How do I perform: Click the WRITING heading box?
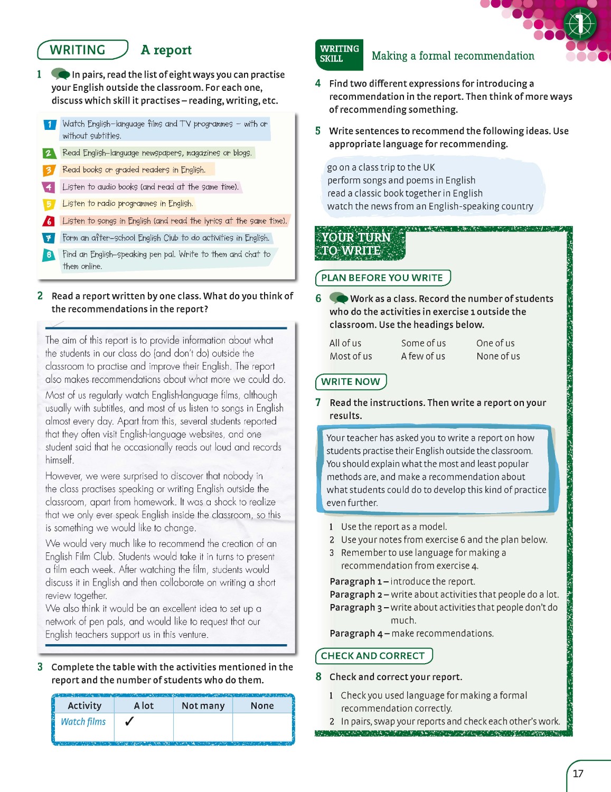(82, 50)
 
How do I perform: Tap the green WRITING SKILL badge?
(339, 54)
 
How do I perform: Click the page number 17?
(578, 774)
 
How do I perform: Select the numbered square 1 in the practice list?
(50, 125)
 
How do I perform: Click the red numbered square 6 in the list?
(49, 221)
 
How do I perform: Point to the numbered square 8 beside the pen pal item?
(49, 255)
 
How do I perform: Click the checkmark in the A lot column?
(129, 721)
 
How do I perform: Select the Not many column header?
(203, 705)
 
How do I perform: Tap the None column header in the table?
(262, 705)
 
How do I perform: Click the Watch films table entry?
(83, 722)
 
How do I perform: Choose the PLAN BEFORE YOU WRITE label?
(382, 278)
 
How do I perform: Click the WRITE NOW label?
(351, 381)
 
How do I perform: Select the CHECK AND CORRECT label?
(373, 656)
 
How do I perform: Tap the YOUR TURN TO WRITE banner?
(356, 244)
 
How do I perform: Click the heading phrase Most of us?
(351, 356)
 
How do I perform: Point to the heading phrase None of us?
(498, 356)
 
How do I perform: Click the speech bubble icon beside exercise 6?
(339, 298)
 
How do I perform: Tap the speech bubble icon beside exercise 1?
(60, 74)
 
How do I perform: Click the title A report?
(166, 50)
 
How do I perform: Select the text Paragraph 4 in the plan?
(352, 633)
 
